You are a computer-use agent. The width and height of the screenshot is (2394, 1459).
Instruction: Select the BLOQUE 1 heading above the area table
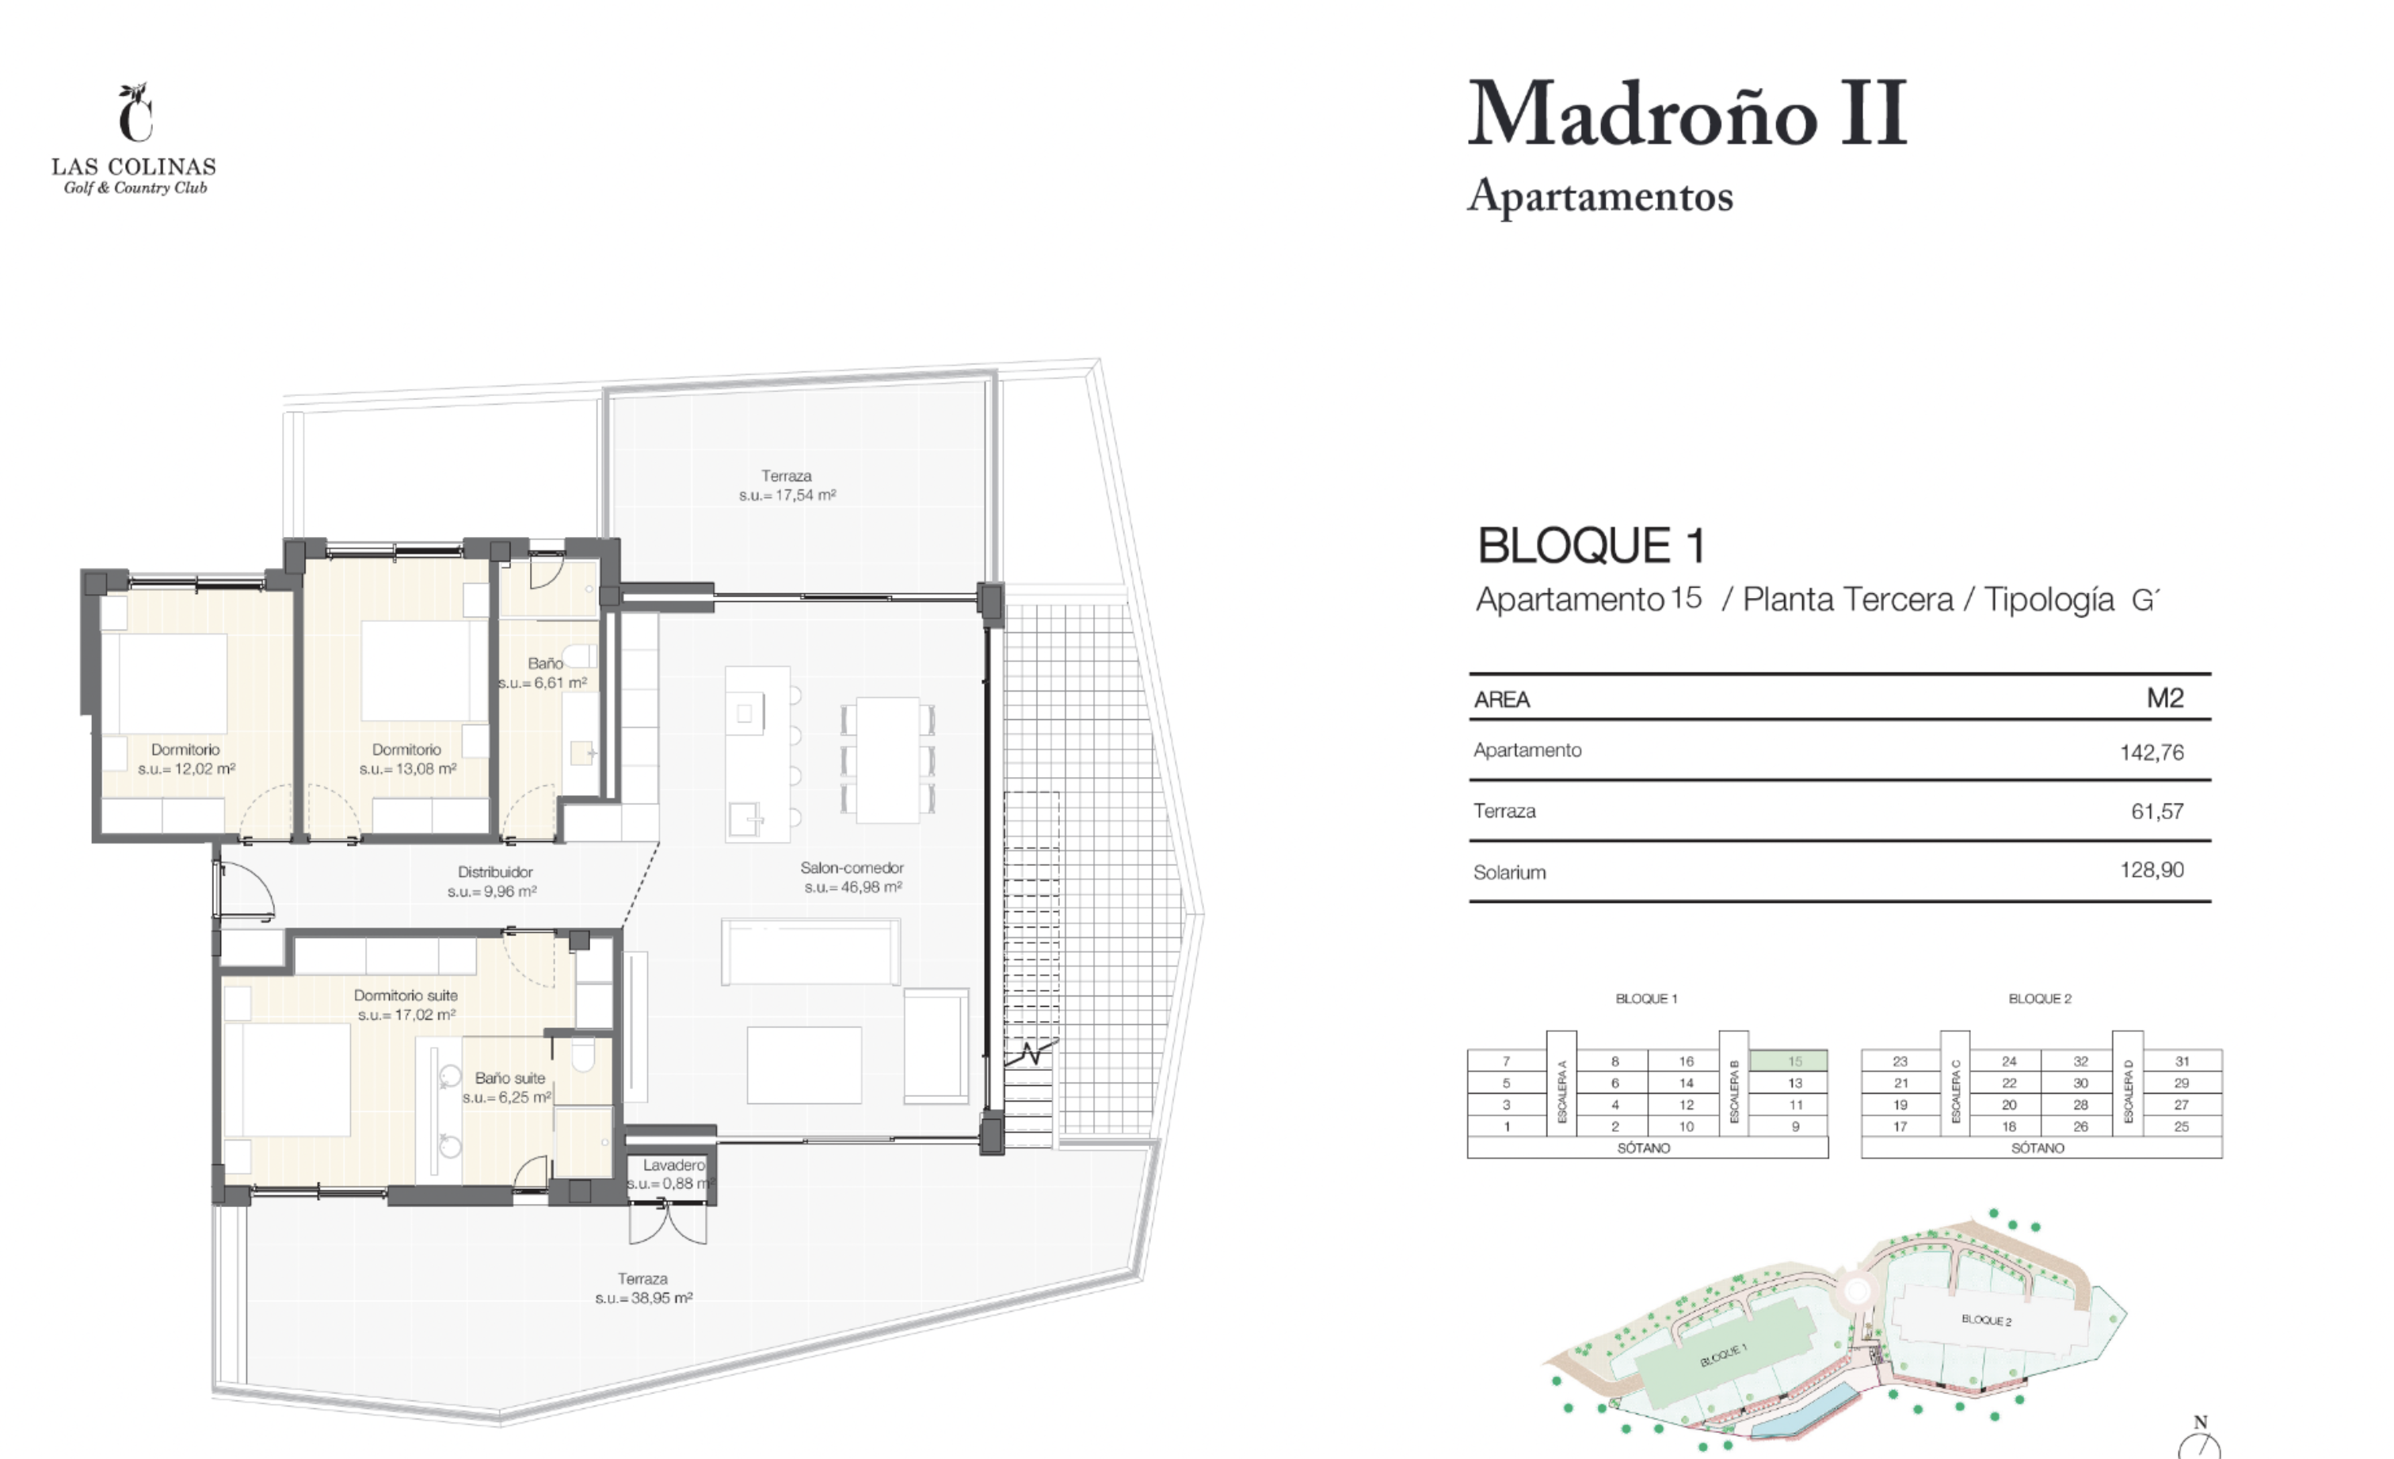point(1592,545)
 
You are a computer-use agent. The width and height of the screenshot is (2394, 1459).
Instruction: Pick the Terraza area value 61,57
point(2157,811)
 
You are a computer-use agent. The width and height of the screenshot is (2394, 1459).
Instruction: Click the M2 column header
point(2165,698)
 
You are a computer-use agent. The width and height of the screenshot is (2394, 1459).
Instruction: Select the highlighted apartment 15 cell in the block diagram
point(1788,1061)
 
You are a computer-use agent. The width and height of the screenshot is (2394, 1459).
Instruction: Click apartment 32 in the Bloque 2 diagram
point(2080,1061)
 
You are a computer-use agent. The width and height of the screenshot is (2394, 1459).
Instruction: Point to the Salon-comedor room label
point(852,867)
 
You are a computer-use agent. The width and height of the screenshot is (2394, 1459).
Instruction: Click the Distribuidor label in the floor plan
point(494,872)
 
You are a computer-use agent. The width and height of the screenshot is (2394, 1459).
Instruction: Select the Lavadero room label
point(673,1164)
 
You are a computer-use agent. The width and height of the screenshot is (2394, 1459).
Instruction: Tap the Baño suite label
point(510,1078)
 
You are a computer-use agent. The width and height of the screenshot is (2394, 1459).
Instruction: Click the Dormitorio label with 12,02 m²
point(185,750)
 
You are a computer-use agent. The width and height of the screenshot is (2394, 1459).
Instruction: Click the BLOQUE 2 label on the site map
point(1986,1320)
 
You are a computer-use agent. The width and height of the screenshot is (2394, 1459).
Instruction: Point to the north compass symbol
point(2200,1438)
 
